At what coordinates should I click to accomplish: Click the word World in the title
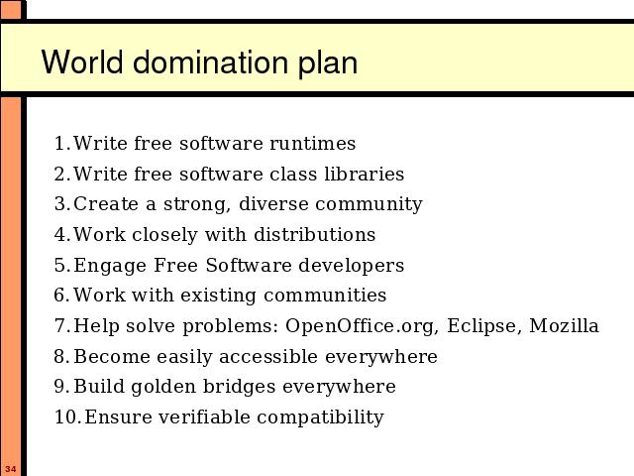pos(82,61)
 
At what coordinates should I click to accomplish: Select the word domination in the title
pos(211,61)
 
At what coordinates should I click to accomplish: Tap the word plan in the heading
pos(328,63)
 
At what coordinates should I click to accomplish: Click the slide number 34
pos(11,469)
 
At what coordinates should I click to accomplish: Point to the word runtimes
pos(313,144)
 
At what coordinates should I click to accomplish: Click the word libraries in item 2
pos(364,175)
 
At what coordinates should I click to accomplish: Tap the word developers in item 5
pos(351,266)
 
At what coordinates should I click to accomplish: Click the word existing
pos(218,296)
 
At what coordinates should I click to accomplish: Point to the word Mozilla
pos(564,325)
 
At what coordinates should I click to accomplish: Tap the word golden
pos(163,387)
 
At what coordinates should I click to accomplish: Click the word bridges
pos(240,387)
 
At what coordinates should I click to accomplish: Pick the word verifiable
pos(204,416)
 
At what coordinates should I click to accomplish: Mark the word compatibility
pos(320,417)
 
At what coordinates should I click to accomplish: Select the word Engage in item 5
pos(110,266)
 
